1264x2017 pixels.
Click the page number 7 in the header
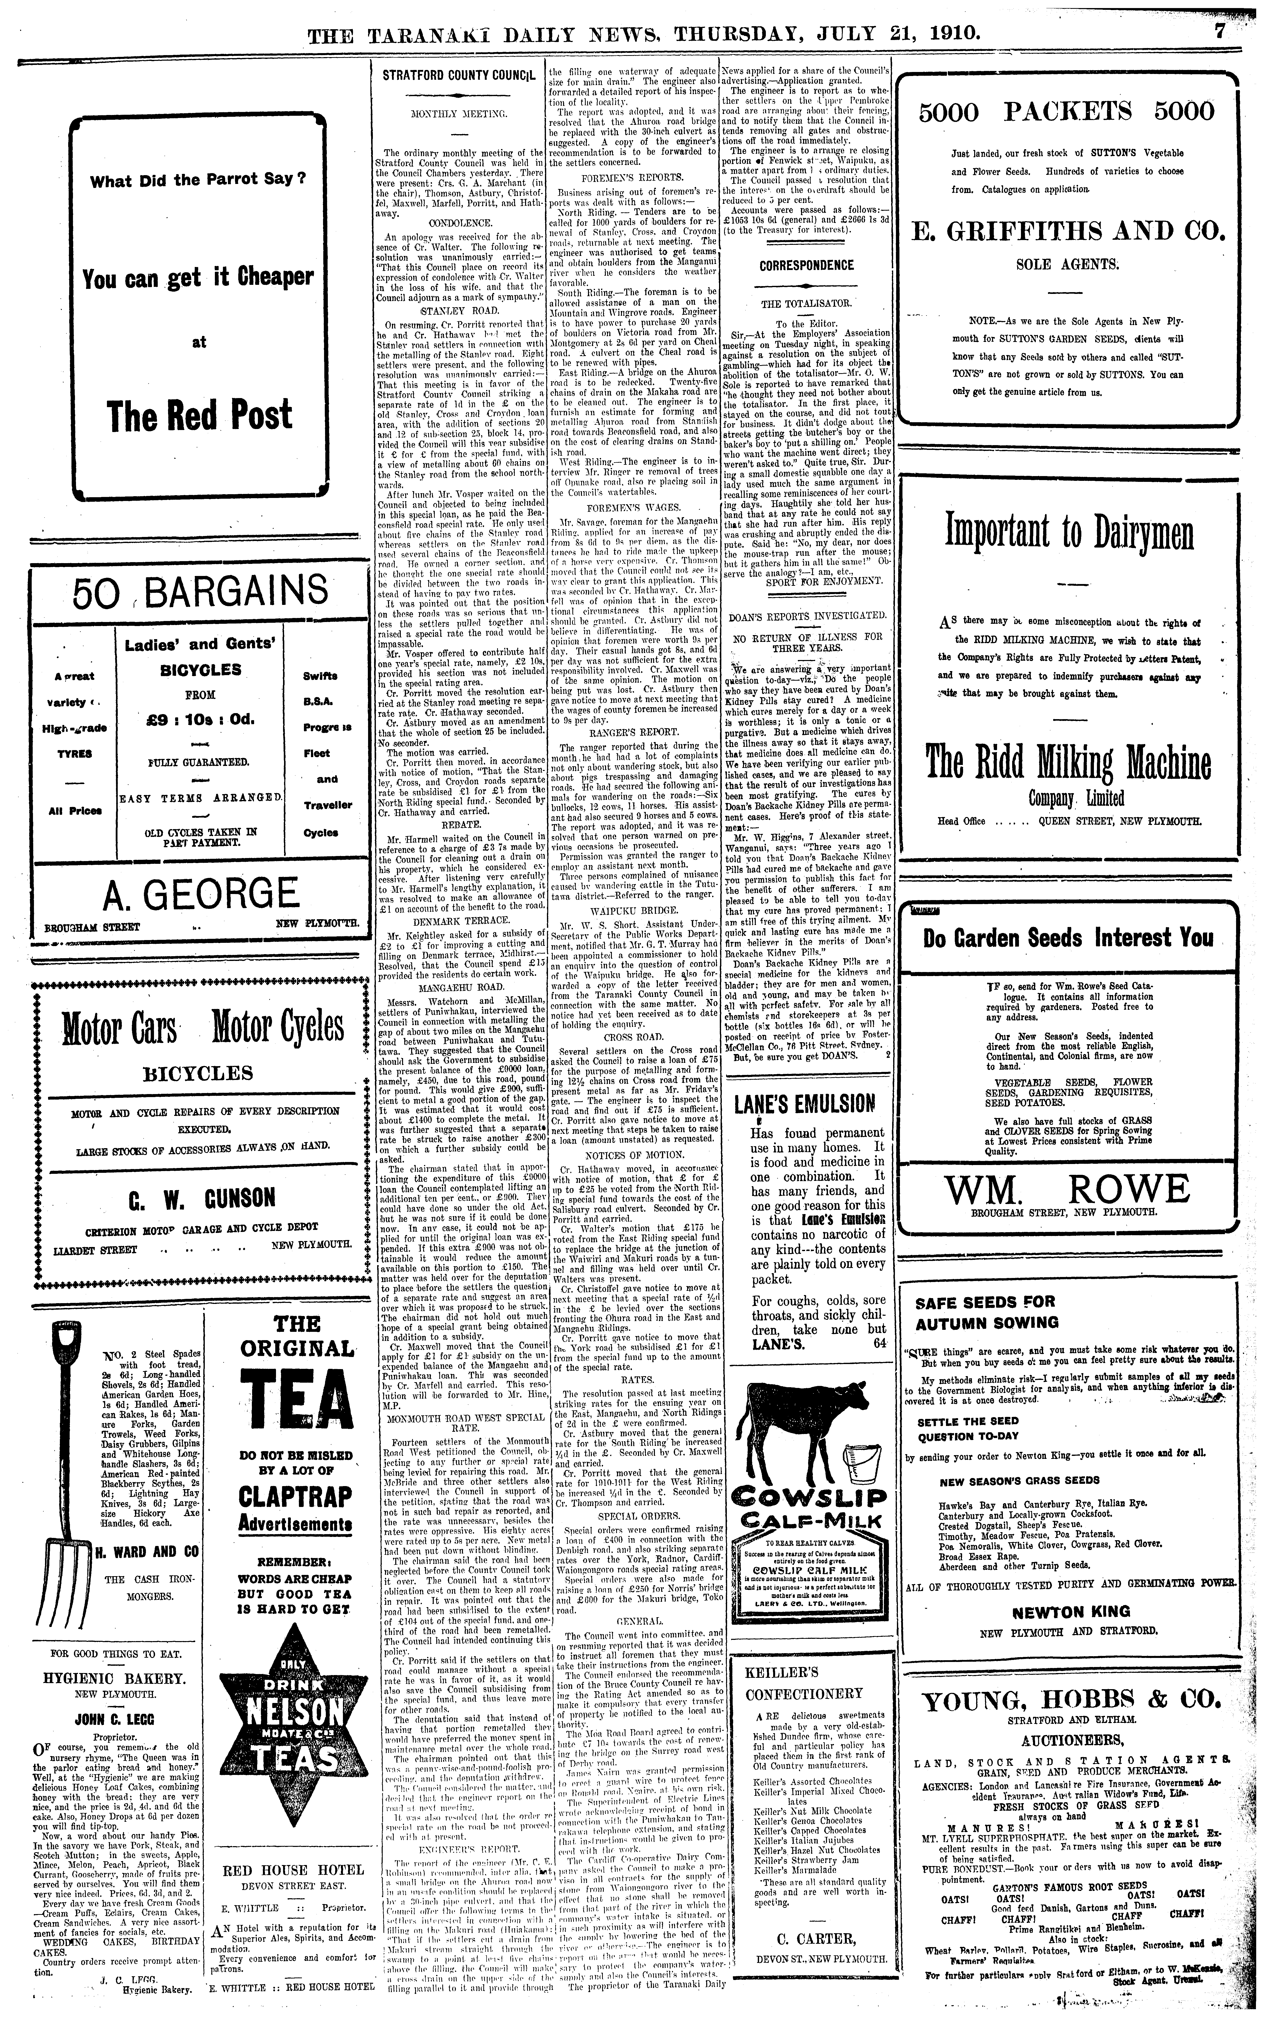[x=1243, y=33]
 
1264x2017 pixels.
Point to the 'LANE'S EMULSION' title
[x=804, y=1105]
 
